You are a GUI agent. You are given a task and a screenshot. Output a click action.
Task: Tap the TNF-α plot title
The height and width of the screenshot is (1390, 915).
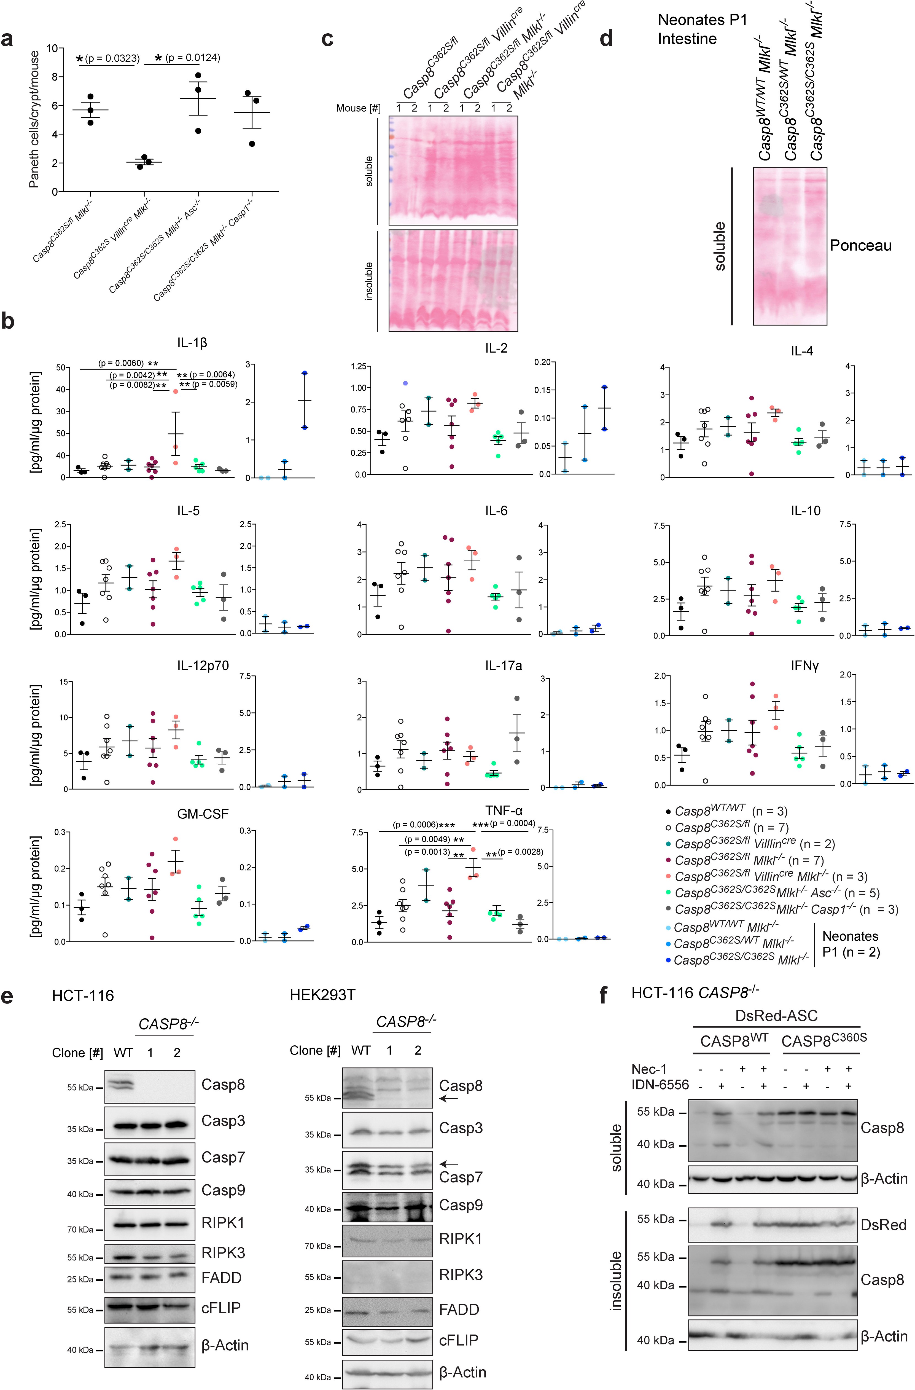(x=503, y=811)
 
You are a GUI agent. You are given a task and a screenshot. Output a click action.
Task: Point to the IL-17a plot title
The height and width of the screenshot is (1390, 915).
(x=503, y=665)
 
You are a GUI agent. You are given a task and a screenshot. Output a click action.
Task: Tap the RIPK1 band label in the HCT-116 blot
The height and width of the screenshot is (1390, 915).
(x=222, y=1222)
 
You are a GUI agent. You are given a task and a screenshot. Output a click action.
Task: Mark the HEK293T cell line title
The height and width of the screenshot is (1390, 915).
(x=322, y=995)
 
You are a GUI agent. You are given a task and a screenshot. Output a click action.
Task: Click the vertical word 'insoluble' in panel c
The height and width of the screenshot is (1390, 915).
(x=368, y=281)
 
